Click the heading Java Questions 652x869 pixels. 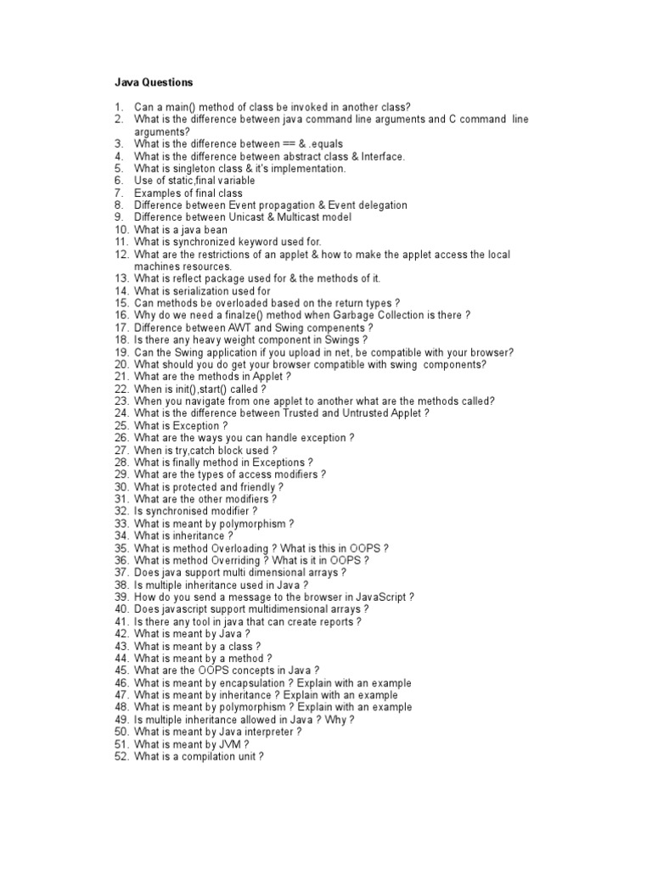click(x=154, y=83)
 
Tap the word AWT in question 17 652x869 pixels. click(x=239, y=328)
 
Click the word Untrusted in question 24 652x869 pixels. click(x=363, y=413)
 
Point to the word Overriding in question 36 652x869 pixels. click(x=233, y=561)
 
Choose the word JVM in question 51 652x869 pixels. click(x=227, y=744)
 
